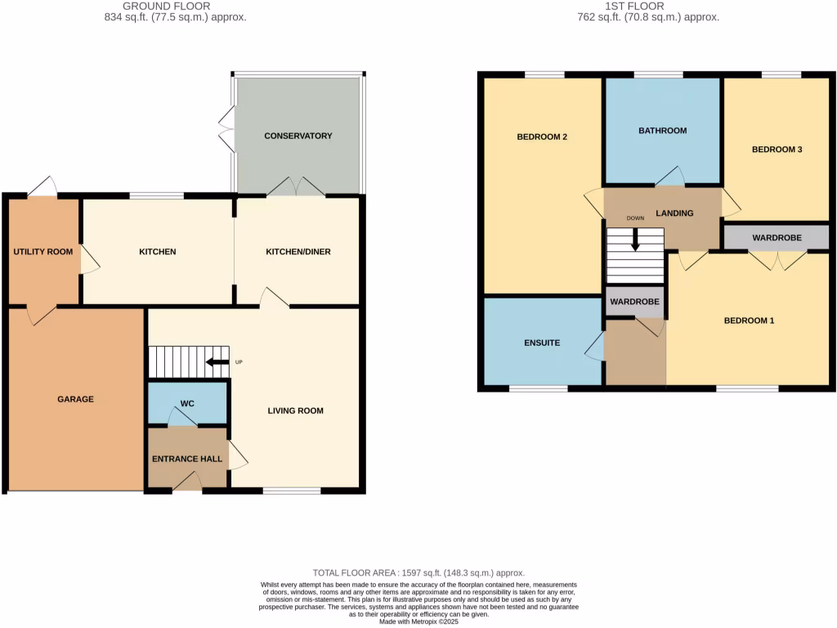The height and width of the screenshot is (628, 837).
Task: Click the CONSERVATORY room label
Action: tap(298, 136)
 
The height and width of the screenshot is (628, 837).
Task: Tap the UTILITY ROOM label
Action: tap(43, 252)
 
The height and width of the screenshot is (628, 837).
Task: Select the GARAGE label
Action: tap(75, 399)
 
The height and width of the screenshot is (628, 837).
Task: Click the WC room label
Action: tap(187, 403)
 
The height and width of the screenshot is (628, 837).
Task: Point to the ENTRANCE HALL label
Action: tap(187, 460)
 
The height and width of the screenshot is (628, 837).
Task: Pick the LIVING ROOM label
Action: tap(296, 410)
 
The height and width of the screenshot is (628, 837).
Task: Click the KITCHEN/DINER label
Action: tap(298, 252)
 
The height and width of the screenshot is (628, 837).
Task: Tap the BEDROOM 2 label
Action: tap(542, 137)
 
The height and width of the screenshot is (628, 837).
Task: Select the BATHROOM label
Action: tap(662, 131)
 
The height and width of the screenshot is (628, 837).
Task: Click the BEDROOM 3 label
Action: tap(777, 150)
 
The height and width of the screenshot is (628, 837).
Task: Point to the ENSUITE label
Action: tap(542, 343)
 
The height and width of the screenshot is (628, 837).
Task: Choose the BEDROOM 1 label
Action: tap(749, 321)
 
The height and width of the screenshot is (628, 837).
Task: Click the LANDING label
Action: tap(674, 213)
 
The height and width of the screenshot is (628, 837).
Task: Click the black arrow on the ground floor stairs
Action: tap(217, 362)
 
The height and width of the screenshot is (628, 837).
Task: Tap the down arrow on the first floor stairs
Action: tap(635, 240)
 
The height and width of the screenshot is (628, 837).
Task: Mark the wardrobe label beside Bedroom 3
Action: tap(777, 238)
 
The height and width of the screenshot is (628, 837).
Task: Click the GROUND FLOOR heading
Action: tap(167, 7)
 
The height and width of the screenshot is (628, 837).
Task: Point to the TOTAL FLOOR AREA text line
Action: tap(418, 573)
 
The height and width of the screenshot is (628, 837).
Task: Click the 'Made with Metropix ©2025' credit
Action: tap(418, 621)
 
